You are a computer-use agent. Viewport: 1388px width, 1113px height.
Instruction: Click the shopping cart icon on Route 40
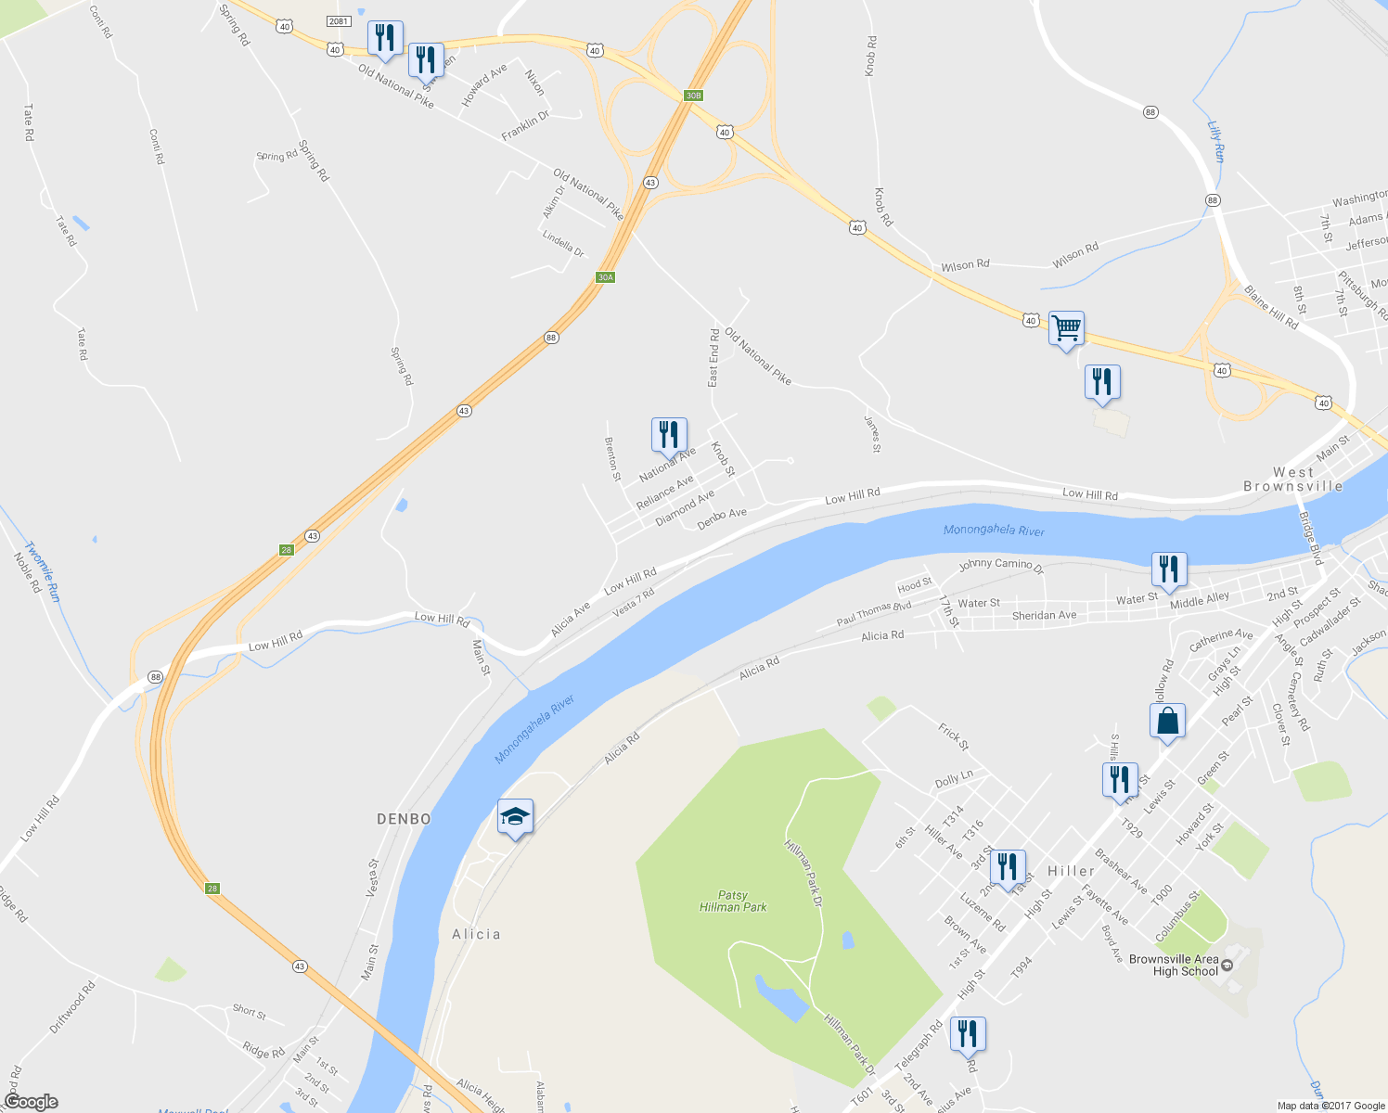click(x=1066, y=328)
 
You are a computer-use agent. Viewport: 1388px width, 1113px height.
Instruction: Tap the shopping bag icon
click(x=1167, y=721)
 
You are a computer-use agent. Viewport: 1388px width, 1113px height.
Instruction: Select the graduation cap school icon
click(x=515, y=817)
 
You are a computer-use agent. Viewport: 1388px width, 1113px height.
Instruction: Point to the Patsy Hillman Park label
click(x=733, y=901)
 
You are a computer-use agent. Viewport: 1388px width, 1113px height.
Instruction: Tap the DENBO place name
click(x=404, y=819)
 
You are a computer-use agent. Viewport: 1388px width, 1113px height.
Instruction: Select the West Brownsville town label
click(x=1293, y=480)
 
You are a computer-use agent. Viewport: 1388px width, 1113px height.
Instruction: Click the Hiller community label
click(x=1071, y=871)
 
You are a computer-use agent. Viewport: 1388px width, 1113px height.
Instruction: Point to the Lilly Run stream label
click(x=1216, y=142)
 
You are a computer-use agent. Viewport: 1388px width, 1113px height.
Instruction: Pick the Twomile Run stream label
click(x=43, y=572)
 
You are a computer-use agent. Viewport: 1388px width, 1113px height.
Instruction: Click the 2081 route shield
click(x=339, y=21)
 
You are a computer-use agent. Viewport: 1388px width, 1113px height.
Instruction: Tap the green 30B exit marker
click(x=693, y=96)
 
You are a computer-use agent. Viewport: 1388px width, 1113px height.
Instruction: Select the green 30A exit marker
click(x=605, y=277)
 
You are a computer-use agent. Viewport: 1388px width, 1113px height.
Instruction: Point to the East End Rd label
click(x=713, y=357)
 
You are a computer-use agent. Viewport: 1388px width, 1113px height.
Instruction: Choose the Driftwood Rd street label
click(x=72, y=1008)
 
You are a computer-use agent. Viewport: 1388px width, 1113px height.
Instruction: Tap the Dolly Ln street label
click(x=954, y=780)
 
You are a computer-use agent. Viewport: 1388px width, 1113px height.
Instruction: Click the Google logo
click(x=31, y=1102)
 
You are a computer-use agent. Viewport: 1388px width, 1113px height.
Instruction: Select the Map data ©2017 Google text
click(x=1330, y=1106)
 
